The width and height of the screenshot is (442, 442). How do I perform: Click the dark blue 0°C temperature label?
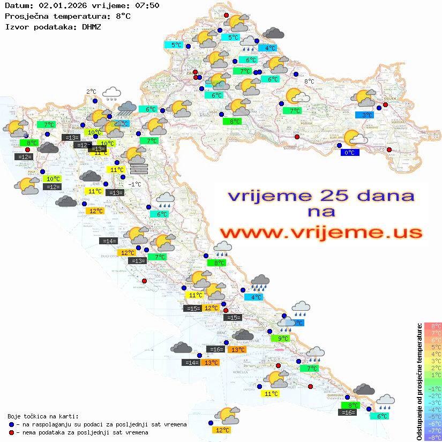tap(350, 153)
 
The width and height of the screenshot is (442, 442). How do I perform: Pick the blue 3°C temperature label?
tap(364, 115)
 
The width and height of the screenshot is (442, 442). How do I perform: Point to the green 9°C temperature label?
tap(283, 338)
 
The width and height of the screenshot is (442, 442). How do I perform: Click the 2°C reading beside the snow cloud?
tap(92, 92)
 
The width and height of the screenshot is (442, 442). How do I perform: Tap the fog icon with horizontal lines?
tap(138, 169)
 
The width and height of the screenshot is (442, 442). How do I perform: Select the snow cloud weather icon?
tap(111, 94)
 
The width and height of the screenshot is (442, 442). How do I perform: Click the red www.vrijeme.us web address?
tap(320, 233)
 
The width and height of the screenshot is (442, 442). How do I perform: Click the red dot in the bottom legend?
tap(12, 432)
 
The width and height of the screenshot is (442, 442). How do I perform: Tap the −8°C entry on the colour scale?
tap(432, 437)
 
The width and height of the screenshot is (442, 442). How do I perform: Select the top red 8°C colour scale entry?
tap(432, 326)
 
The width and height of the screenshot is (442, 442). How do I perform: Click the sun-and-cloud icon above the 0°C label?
tap(355, 138)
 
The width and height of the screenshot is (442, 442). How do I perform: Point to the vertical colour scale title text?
tap(419, 381)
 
